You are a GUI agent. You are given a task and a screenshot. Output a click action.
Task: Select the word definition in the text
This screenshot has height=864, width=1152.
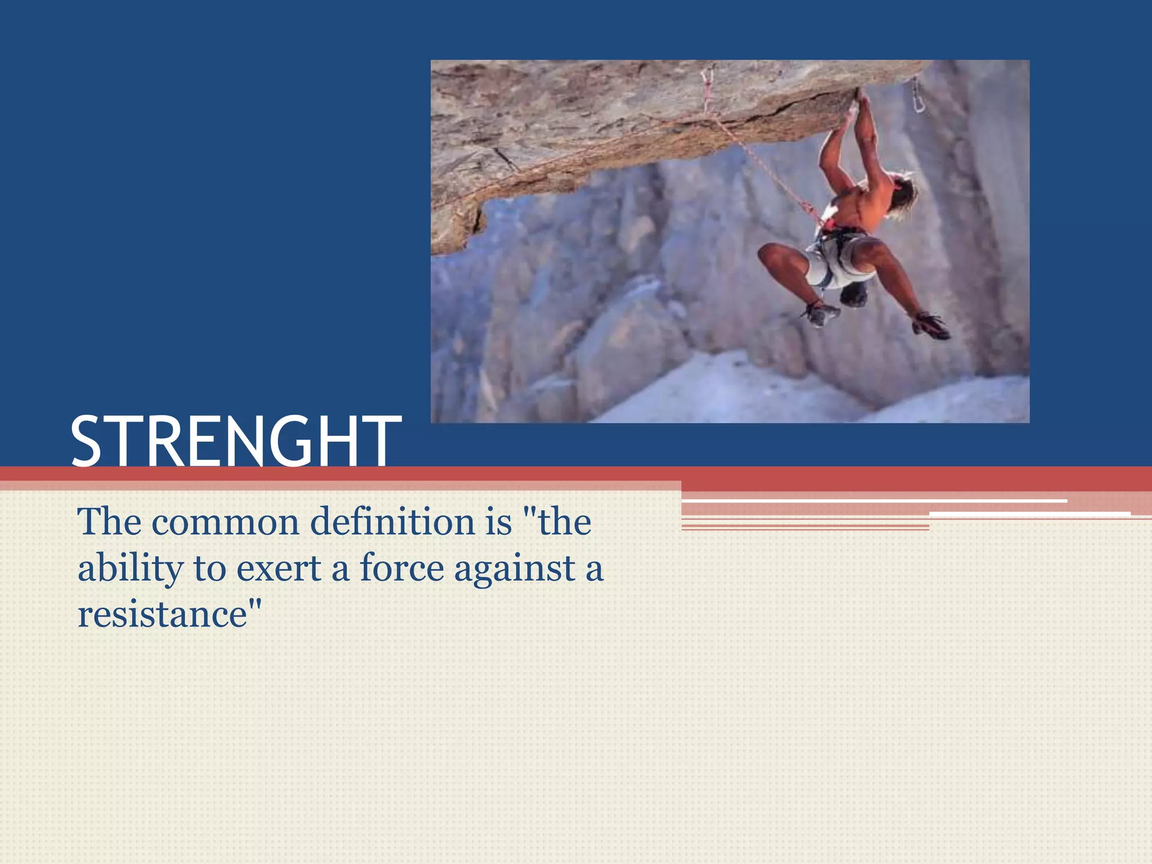[x=393, y=522]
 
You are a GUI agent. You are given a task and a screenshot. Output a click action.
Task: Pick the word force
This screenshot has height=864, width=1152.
[x=402, y=568]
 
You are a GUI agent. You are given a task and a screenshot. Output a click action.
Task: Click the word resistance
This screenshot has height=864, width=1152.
[x=163, y=615]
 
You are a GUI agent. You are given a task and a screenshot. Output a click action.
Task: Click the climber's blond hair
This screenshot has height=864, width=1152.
[x=903, y=191]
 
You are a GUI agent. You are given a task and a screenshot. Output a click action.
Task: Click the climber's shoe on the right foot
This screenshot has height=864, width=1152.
[x=931, y=326]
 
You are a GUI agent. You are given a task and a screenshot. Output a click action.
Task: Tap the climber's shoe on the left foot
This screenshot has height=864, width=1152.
[x=821, y=313]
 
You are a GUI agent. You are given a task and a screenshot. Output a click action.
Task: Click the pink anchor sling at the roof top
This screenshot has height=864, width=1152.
[x=707, y=84]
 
